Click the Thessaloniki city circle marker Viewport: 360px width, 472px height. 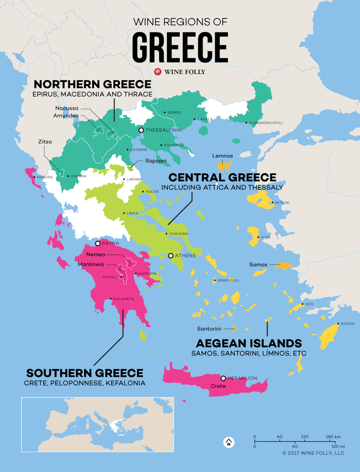tap(141, 130)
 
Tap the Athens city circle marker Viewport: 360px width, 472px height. tap(171, 255)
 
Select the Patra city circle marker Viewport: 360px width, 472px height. tap(98, 243)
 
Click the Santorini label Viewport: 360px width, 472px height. tap(209, 329)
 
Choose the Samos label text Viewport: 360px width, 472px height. tap(258, 265)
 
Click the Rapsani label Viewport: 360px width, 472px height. tap(154, 161)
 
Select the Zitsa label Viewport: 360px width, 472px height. tap(45, 142)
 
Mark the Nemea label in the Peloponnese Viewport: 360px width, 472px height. tap(96, 254)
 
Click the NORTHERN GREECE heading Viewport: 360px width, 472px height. tap(92, 84)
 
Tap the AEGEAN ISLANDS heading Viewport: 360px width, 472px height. tap(248, 343)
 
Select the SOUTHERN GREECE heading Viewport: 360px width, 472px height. tap(84, 373)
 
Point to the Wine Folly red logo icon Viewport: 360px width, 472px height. tap(158, 72)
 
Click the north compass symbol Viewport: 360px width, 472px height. tap(228, 442)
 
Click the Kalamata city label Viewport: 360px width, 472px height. tap(124, 299)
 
